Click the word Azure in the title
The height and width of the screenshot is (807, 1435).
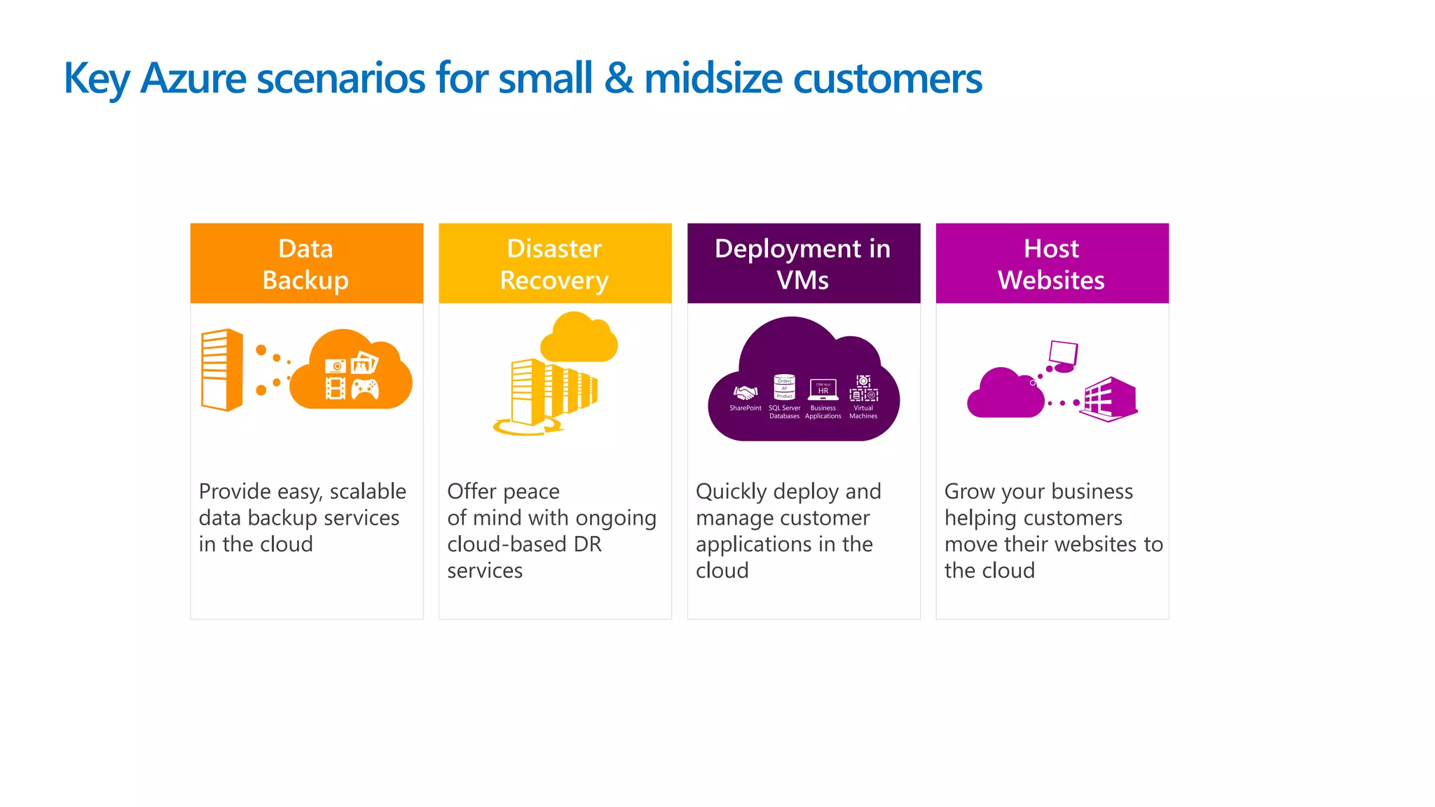(193, 78)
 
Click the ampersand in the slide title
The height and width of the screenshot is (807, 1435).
(618, 78)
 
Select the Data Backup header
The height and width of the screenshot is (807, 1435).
(306, 263)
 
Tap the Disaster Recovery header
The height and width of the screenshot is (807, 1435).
(554, 263)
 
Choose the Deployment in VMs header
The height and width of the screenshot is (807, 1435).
(803, 263)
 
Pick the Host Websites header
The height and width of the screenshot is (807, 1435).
(1052, 263)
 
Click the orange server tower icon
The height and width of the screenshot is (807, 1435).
(221, 369)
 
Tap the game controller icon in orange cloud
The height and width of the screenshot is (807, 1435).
(365, 389)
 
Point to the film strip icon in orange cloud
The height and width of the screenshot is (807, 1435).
(336, 389)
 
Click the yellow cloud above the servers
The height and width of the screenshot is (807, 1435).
(579, 339)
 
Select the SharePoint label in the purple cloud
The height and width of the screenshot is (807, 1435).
(745, 408)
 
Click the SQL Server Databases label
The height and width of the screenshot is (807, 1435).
(784, 412)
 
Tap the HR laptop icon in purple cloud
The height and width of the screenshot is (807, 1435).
(823, 389)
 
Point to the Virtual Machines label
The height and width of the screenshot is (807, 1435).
(863, 412)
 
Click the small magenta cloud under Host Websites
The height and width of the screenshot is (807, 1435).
(1005, 395)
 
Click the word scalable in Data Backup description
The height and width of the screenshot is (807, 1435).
(368, 492)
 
